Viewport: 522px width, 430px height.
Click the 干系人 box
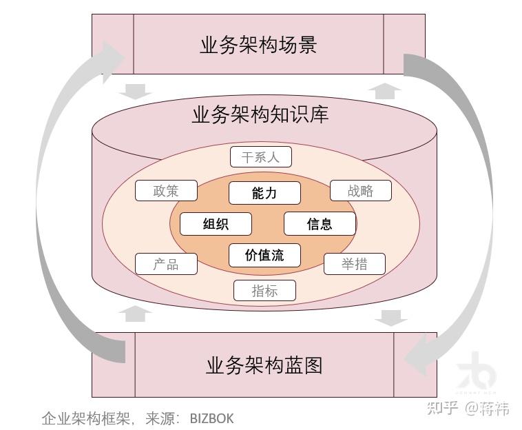[x=260, y=157]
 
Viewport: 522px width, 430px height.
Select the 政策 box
[x=166, y=191]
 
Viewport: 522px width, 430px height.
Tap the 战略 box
[x=360, y=191]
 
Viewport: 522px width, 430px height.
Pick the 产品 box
[x=166, y=264]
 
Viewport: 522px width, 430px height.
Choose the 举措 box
[x=354, y=264]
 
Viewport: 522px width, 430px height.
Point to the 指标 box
[x=264, y=291]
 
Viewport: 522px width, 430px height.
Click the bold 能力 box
[x=264, y=193]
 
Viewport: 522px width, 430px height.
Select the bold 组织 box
[x=216, y=224]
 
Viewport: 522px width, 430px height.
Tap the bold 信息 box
[x=320, y=224]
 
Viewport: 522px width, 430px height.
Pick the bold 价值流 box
[x=264, y=255]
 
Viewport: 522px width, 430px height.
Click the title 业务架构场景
[x=258, y=45]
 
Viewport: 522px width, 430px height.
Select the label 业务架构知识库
[x=260, y=114]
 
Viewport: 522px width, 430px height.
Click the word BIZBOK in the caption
[x=211, y=418]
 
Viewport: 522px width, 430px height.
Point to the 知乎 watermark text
[x=443, y=408]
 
